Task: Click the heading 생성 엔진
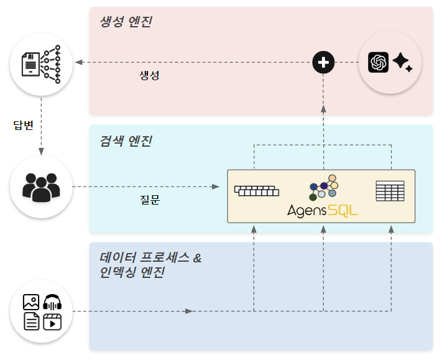(x=126, y=22)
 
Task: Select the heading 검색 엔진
(x=126, y=141)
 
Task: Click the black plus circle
(x=323, y=62)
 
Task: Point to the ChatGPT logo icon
(x=378, y=62)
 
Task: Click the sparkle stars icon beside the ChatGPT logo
(x=402, y=62)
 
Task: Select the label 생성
(x=149, y=75)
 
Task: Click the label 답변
(x=23, y=126)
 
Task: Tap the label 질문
(x=149, y=200)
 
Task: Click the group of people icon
(x=41, y=187)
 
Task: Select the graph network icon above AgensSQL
(x=323, y=187)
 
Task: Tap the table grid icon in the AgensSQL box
(x=390, y=191)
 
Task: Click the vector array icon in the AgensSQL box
(x=256, y=190)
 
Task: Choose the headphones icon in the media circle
(x=52, y=303)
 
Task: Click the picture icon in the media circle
(x=31, y=303)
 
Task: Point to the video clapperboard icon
(x=52, y=321)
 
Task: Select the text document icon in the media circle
(x=31, y=321)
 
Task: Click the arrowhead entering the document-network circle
(x=78, y=62)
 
